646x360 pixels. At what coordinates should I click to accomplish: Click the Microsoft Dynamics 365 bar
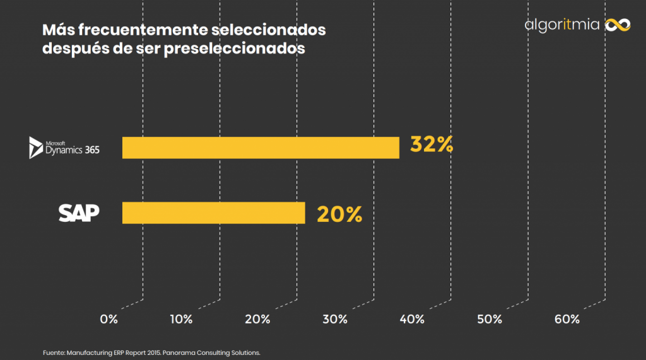261,148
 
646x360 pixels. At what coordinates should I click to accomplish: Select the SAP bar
213,213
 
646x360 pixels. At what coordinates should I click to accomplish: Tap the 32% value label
432,145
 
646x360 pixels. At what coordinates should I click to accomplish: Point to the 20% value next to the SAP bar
339,214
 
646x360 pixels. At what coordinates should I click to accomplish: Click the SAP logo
79,213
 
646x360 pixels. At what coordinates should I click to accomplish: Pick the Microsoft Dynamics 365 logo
64,148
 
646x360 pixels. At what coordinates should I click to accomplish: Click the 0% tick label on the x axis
109,319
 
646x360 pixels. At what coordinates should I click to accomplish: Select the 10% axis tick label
181,319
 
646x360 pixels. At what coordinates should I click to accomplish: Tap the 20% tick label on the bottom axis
257,319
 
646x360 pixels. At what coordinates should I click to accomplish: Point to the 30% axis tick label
335,319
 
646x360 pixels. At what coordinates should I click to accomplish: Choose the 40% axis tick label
412,319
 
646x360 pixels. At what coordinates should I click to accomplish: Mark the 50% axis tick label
490,319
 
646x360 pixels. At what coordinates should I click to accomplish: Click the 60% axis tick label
567,319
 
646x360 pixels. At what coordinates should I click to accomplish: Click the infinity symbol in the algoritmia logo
618,25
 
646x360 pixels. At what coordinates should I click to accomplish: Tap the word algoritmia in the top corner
561,25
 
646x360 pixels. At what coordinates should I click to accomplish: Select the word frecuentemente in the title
131,30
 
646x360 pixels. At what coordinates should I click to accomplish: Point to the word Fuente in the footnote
54,352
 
